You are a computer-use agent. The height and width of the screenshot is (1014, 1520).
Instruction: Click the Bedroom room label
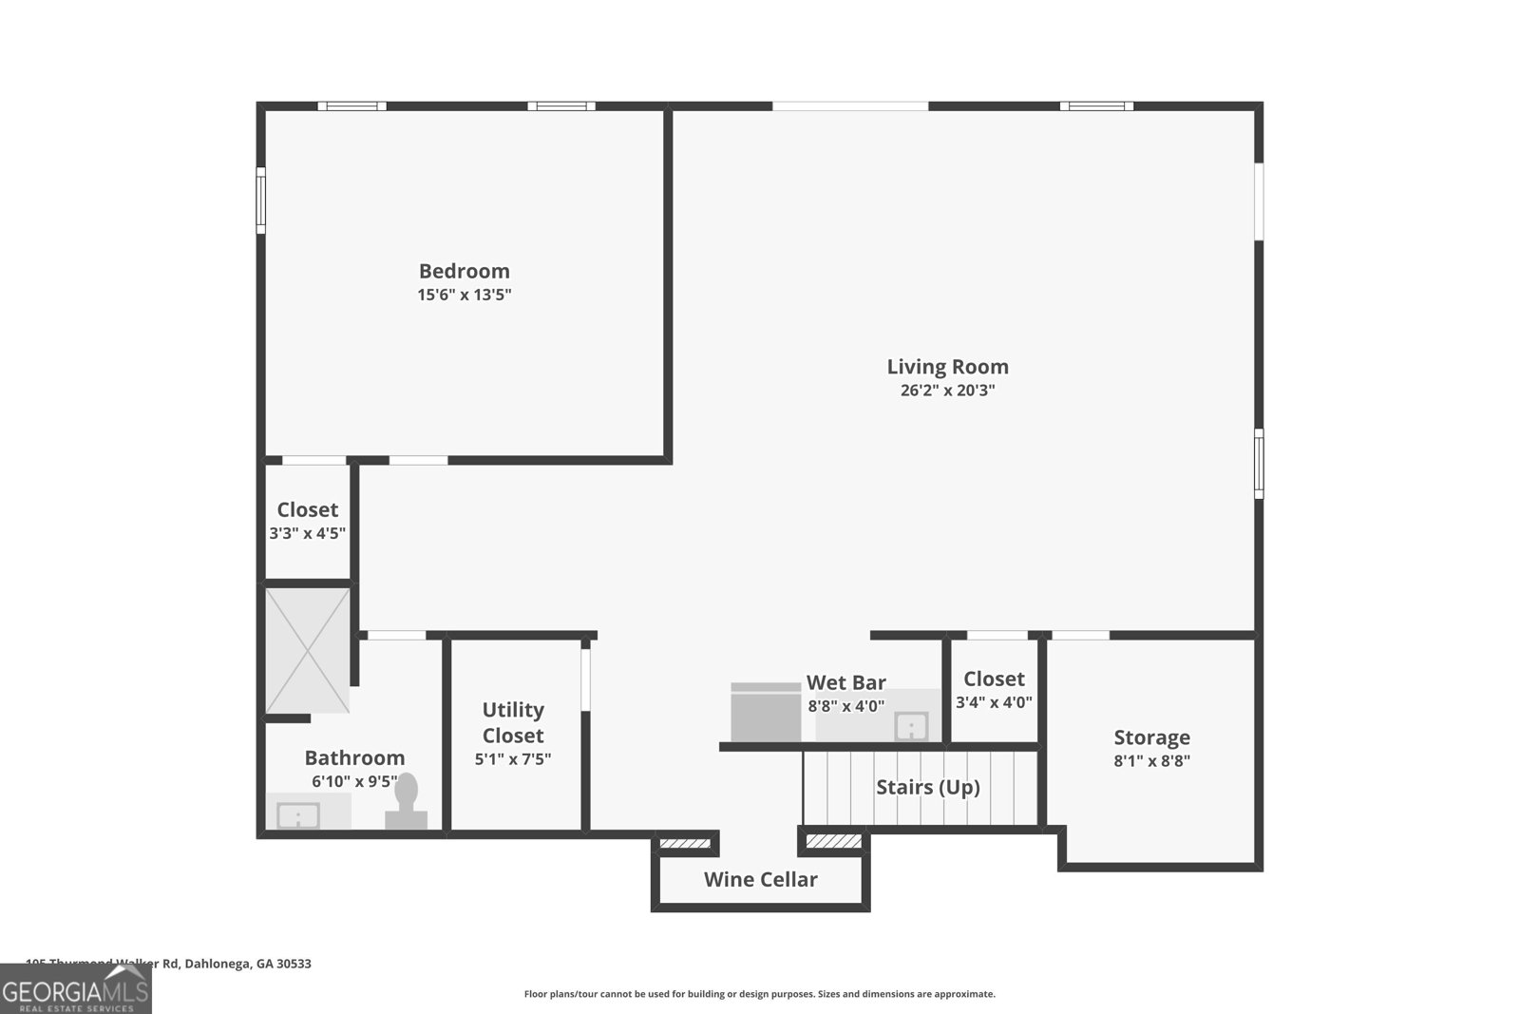point(464,271)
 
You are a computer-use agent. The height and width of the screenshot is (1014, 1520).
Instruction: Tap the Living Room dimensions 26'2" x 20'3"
point(947,391)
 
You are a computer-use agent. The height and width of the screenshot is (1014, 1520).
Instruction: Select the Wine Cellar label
point(760,879)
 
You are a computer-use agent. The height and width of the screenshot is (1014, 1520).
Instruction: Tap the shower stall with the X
point(307,650)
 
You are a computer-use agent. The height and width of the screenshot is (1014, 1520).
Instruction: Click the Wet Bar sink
point(910,726)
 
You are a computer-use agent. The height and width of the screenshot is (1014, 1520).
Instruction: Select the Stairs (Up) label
point(927,787)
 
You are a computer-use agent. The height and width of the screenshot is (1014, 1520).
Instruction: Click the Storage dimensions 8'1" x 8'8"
point(1151,760)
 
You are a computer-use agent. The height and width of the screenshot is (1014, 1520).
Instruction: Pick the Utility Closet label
point(513,722)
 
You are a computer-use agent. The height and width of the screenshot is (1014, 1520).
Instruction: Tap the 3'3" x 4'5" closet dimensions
point(307,533)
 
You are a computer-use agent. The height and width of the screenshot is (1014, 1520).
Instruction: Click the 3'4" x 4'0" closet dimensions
point(994,703)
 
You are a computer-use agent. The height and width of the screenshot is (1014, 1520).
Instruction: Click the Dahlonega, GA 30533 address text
point(247,964)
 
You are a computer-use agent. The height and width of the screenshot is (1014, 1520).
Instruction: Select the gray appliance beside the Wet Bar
point(766,712)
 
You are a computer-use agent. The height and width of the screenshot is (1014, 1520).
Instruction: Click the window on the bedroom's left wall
point(260,201)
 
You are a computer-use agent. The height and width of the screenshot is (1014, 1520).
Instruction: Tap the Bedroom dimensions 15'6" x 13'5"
point(464,295)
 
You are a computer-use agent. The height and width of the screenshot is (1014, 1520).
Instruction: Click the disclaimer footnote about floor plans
point(759,994)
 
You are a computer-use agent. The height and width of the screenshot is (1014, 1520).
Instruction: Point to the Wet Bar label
point(845,682)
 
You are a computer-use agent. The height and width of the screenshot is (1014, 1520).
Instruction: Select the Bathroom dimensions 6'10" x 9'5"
point(354,781)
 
